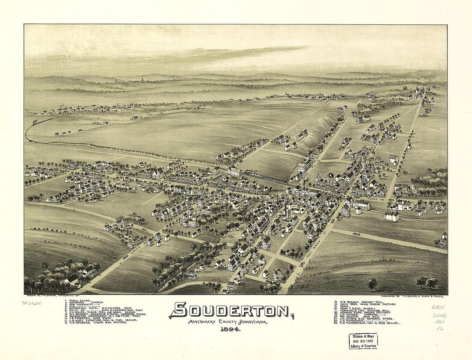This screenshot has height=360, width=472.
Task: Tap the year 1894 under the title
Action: click(x=231, y=329)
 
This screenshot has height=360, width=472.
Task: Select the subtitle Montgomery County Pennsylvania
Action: click(x=227, y=321)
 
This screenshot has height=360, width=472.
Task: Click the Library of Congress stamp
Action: click(x=363, y=341)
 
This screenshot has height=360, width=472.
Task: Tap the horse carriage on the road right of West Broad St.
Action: click(x=356, y=234)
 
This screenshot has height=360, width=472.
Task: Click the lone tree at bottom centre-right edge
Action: click(x=372, y=284)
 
